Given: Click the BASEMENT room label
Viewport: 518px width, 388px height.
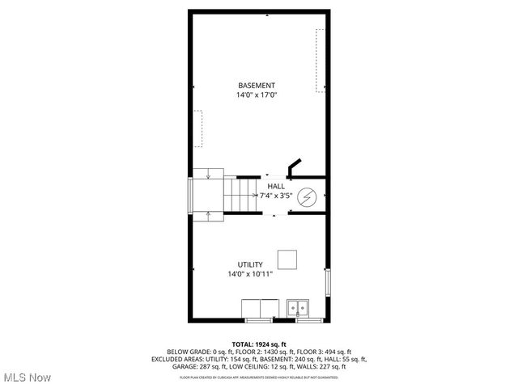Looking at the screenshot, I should tap(257, 86).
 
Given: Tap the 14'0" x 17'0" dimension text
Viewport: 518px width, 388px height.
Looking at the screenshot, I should tap(257, 95).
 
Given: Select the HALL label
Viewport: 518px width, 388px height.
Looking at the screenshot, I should tap(276, 186).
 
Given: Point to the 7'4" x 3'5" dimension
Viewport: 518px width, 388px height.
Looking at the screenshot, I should tap(276, 196).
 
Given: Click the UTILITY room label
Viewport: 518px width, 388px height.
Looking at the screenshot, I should tap(249, 264).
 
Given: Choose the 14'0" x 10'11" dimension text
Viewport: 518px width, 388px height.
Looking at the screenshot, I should tap(249, 275).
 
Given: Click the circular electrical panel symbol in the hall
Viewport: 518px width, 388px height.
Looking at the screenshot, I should tap(308, 196).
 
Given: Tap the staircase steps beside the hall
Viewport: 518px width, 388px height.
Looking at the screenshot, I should tap(240, 196).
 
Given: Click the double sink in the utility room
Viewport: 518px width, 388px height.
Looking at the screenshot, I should tap(297, 308).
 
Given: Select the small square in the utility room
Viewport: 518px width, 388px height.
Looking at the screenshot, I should tap(287, 259).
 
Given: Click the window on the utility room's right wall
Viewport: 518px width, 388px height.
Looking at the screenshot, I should tap(327, 282).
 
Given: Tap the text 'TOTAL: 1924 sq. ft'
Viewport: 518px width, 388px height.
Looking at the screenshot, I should tap(259, 344).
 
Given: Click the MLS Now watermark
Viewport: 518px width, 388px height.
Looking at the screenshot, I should tap(28, 377).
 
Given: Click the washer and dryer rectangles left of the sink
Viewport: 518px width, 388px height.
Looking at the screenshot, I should tap(261, 308).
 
